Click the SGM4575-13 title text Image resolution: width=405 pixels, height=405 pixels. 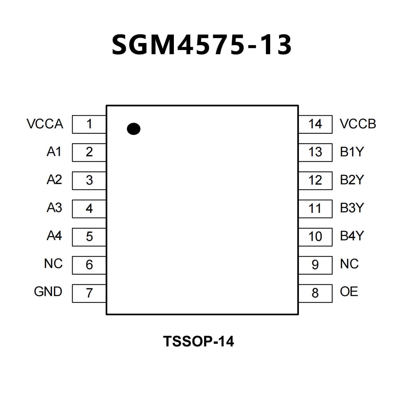click(202, 45)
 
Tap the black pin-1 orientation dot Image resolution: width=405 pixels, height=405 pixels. click(134, 129)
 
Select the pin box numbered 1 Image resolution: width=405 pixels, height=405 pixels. click(89, 124)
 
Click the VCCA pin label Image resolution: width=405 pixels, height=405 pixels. click(45, 124)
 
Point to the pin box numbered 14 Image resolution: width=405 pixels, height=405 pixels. click(315, 124)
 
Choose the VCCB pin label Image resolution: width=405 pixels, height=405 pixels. click(358, 124)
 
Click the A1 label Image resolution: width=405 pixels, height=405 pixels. click(54, 152)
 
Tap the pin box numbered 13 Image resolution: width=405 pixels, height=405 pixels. click(315, 152)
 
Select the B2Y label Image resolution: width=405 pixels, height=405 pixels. click(352, 180)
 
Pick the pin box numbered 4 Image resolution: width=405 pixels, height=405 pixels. click(89, 209)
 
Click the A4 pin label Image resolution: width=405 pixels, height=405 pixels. click(54, 236)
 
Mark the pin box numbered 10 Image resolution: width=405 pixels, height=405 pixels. click(315, 237)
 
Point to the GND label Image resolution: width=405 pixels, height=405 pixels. click(48, 292)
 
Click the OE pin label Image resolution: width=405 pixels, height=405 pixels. click(349, 292)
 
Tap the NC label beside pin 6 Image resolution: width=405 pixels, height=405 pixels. click(53, 264)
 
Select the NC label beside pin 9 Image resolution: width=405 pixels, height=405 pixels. click(349, 264)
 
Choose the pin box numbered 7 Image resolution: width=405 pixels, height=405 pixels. click(89, 293)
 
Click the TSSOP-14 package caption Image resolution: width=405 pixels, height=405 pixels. click(198, 341)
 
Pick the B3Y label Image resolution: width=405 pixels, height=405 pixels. click(352, 208)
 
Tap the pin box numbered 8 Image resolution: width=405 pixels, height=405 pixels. click(315, 293)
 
